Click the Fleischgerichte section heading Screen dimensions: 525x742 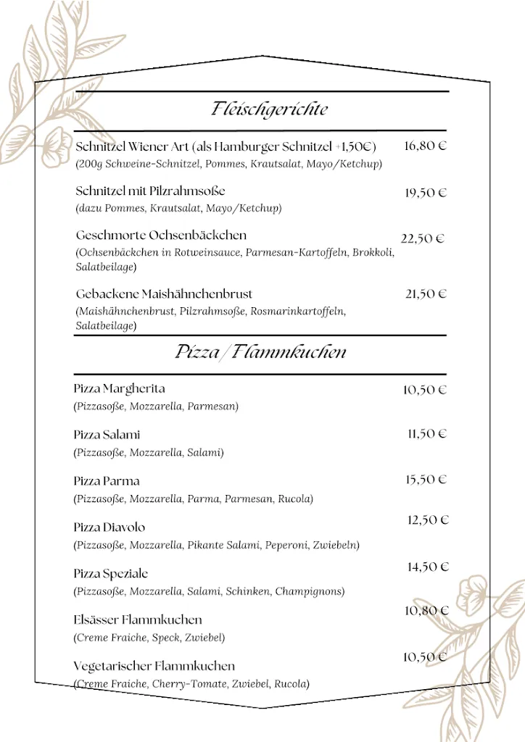pos(269,109)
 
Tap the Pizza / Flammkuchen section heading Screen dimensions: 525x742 pos(260,353)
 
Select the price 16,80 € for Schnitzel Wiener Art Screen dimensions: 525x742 pos(425,146)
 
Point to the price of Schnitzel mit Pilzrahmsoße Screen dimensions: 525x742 pos(425,193)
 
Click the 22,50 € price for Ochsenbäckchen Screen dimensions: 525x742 pos(422,239)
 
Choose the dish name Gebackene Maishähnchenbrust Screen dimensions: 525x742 pos(164,294)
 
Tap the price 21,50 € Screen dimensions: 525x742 pos(425,294)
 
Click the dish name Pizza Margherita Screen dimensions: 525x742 pos(119,389)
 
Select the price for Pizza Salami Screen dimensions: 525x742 pos(426,434)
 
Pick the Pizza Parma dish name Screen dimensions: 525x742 pos(107,481)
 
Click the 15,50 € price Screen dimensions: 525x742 pos(426,480)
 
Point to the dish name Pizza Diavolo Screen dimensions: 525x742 pos(109,528)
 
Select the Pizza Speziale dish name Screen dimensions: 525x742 pos(111,574)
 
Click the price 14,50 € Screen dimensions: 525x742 pos(428,567)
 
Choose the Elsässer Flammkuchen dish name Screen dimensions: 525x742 pos(138,620)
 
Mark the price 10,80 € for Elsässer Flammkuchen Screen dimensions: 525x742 pos(426,611)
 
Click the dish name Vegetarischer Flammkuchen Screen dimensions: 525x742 pos(154,666)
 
